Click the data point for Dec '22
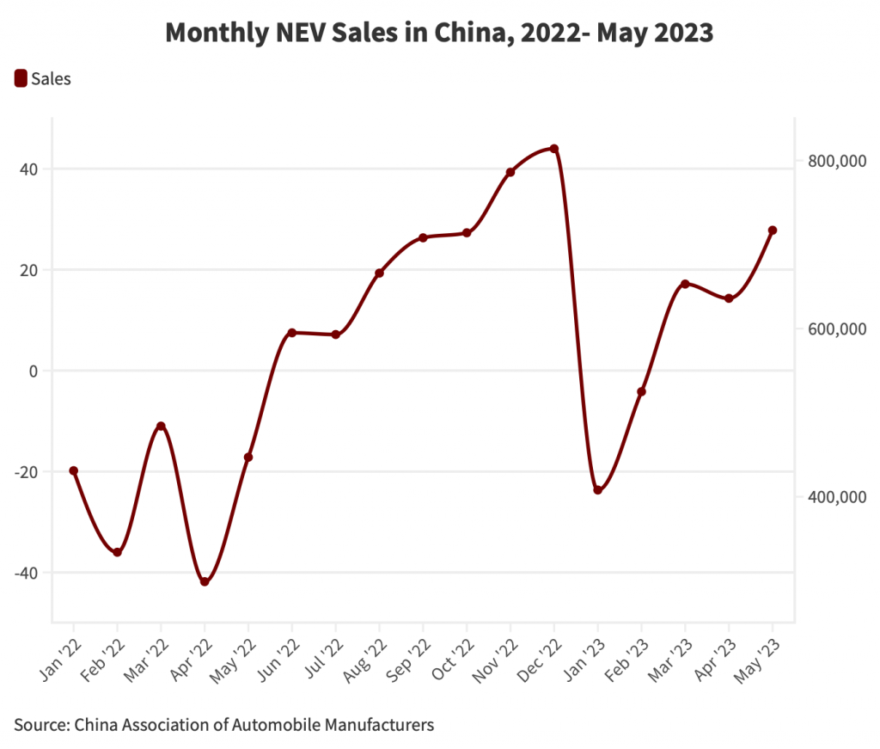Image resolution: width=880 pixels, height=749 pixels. pos(554,149)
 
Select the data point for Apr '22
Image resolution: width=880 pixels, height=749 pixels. pos(205,582)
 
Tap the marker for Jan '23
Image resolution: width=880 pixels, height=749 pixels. pos(597,490)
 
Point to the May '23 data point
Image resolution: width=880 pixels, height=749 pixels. pos(773,230)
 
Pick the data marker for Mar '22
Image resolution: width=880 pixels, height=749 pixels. pos(161,427)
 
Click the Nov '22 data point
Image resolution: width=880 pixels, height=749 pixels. pos(510,172)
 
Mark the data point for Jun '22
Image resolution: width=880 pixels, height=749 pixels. pos(292,333)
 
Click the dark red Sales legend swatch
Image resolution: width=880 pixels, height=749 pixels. pos(21,79)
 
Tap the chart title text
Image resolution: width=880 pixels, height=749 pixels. pos(439,33)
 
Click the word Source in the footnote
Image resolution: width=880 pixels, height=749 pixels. pos(39,725)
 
